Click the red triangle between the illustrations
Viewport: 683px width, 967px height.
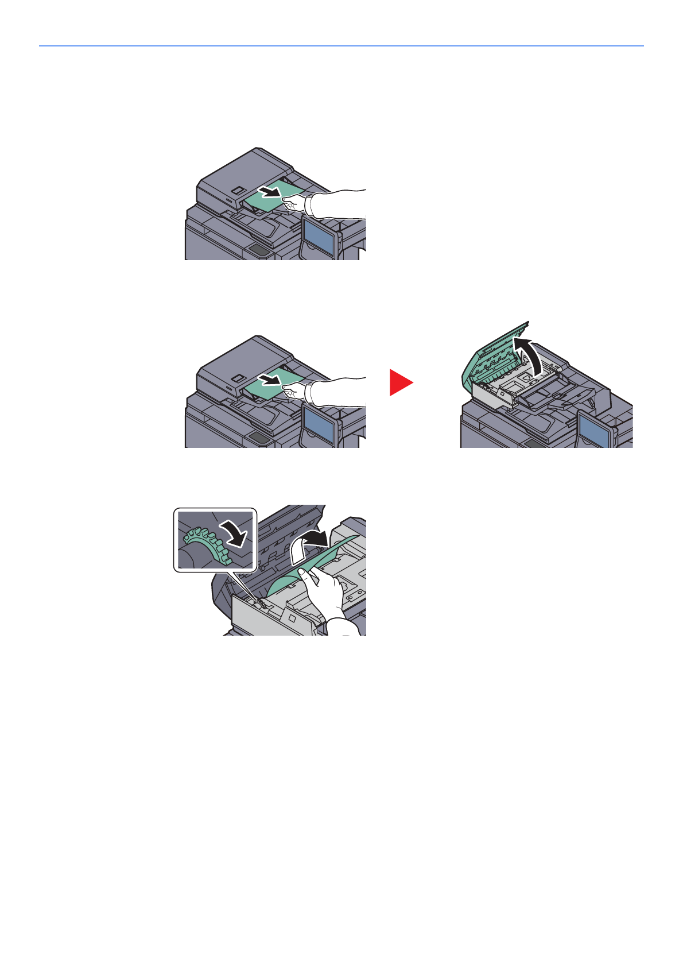pyautogui.click(x=400, y=382)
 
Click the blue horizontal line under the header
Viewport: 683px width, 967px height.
pyautogui.click(x=341, y=45)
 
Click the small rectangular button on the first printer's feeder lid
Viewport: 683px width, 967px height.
pyautogui.click(x=237, y=190)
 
